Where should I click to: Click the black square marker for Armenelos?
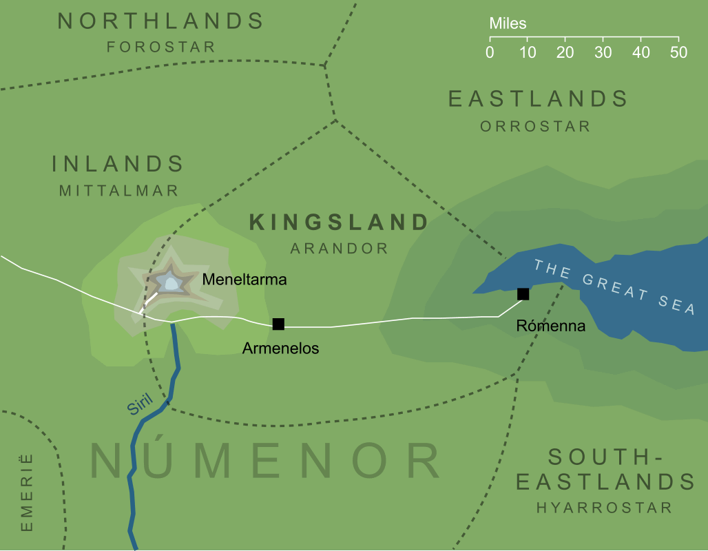(278, 324)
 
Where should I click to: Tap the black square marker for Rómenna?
(523, 294)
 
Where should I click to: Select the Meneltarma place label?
(244, 280)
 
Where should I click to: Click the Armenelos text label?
(280, 349)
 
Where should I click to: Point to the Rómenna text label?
(550, 326)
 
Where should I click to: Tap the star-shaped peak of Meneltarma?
(169, 282)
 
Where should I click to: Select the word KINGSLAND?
(339, 222)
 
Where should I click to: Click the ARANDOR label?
(339, 249)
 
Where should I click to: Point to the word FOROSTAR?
(160, 47)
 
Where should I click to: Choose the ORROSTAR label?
(535, 126)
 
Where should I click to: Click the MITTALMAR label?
(118, 190)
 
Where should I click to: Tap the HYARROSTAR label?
(604, 508)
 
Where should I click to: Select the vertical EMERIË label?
(27, 491)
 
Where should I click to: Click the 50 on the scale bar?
(678, 53)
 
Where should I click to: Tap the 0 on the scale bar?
(490, 53)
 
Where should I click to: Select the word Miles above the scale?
(508, 24)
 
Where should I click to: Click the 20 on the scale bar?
(565, 53)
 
